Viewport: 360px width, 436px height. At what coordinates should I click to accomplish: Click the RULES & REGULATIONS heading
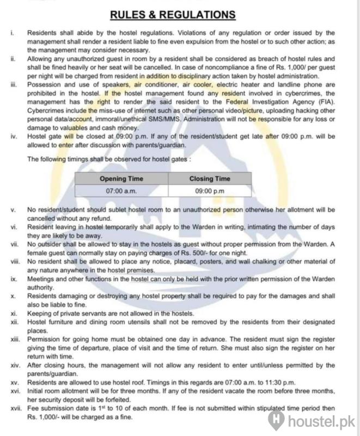[179, 15]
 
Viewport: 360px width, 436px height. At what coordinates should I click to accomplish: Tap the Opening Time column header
[121, 179]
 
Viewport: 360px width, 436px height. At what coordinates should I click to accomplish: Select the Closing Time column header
[210, 179]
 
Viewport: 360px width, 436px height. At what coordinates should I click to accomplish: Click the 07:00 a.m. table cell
[121, 191]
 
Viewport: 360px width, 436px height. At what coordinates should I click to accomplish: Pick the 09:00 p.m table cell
[210, 191]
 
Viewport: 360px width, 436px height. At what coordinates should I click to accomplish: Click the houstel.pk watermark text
[321, 421]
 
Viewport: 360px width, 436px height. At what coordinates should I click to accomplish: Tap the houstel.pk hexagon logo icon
[277, 421]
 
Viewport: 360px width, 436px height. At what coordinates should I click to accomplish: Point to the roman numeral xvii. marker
[15, 409]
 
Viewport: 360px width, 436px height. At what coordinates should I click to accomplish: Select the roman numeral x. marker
[14, 295]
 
